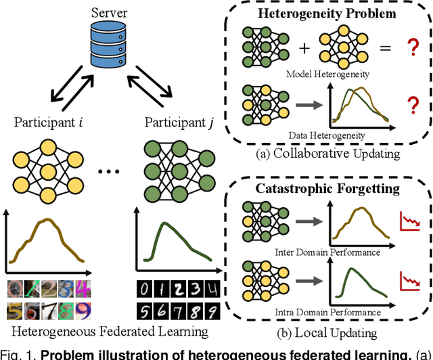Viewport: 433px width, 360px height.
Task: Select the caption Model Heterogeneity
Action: [327, 73]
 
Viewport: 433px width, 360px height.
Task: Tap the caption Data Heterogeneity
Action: [327, 135]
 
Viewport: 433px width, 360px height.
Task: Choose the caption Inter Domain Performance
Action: [327, 252]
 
